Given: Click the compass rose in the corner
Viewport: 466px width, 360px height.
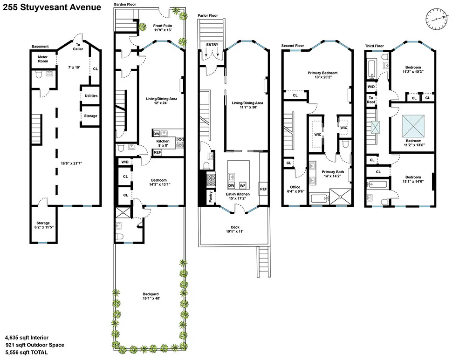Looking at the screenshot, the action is point(437,19).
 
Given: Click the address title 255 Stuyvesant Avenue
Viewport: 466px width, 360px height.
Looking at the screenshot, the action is point(52,7).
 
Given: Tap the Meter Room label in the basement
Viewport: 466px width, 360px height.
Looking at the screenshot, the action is point(43,59).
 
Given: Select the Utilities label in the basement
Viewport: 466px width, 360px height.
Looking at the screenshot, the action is point(91,95).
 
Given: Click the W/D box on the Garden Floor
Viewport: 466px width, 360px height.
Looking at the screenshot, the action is point(125,162).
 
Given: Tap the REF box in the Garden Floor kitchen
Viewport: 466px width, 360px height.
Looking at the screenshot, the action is point(158,152).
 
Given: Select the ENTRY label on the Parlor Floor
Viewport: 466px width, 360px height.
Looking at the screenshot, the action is point(212,45).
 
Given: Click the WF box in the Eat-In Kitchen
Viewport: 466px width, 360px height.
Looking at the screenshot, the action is point(243,185).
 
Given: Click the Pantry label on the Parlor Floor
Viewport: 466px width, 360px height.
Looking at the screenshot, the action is point(211,197).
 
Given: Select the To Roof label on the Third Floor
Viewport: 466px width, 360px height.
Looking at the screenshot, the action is point(371,100).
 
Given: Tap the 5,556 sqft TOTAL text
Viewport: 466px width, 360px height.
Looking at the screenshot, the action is point(27,353).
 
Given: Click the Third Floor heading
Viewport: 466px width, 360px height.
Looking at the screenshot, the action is point(374,46).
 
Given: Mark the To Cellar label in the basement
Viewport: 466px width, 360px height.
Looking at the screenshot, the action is point(78,47).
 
